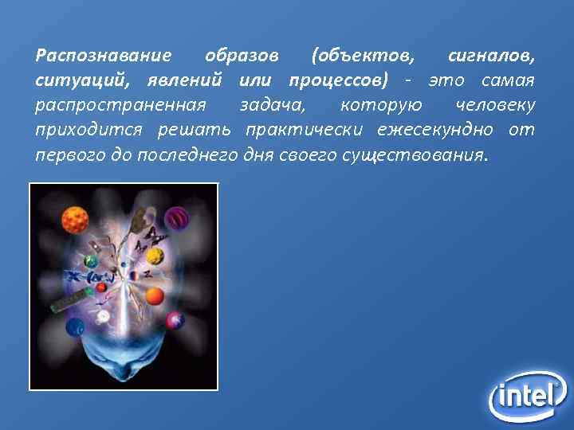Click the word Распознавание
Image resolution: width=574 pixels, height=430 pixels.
[103, 57]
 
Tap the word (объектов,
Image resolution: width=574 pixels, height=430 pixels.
[364, 57]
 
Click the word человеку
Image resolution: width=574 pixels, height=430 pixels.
[495, 105]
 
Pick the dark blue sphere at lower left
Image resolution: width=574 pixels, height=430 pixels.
[75, 326]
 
